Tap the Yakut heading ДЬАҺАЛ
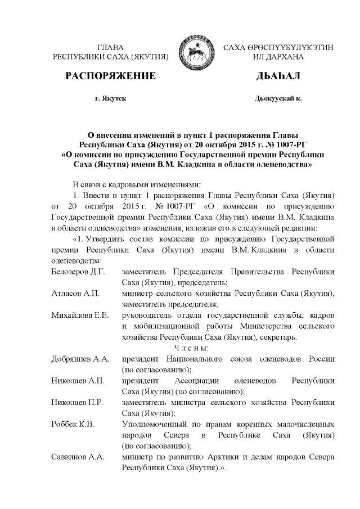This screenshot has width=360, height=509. pyautogui.click(x=278, y=76)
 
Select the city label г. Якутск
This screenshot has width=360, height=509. pyautogui.click(x=111, y=98)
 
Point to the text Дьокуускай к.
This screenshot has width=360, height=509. pyautogui.click(x=278, y=98)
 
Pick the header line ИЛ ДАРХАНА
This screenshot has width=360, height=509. pyautogui.click(x=278, y=57)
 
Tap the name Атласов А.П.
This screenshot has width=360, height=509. pyautogui.click(x=72, y=294)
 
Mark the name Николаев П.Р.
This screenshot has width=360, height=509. pyautogui.click(x=78, y=402)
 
